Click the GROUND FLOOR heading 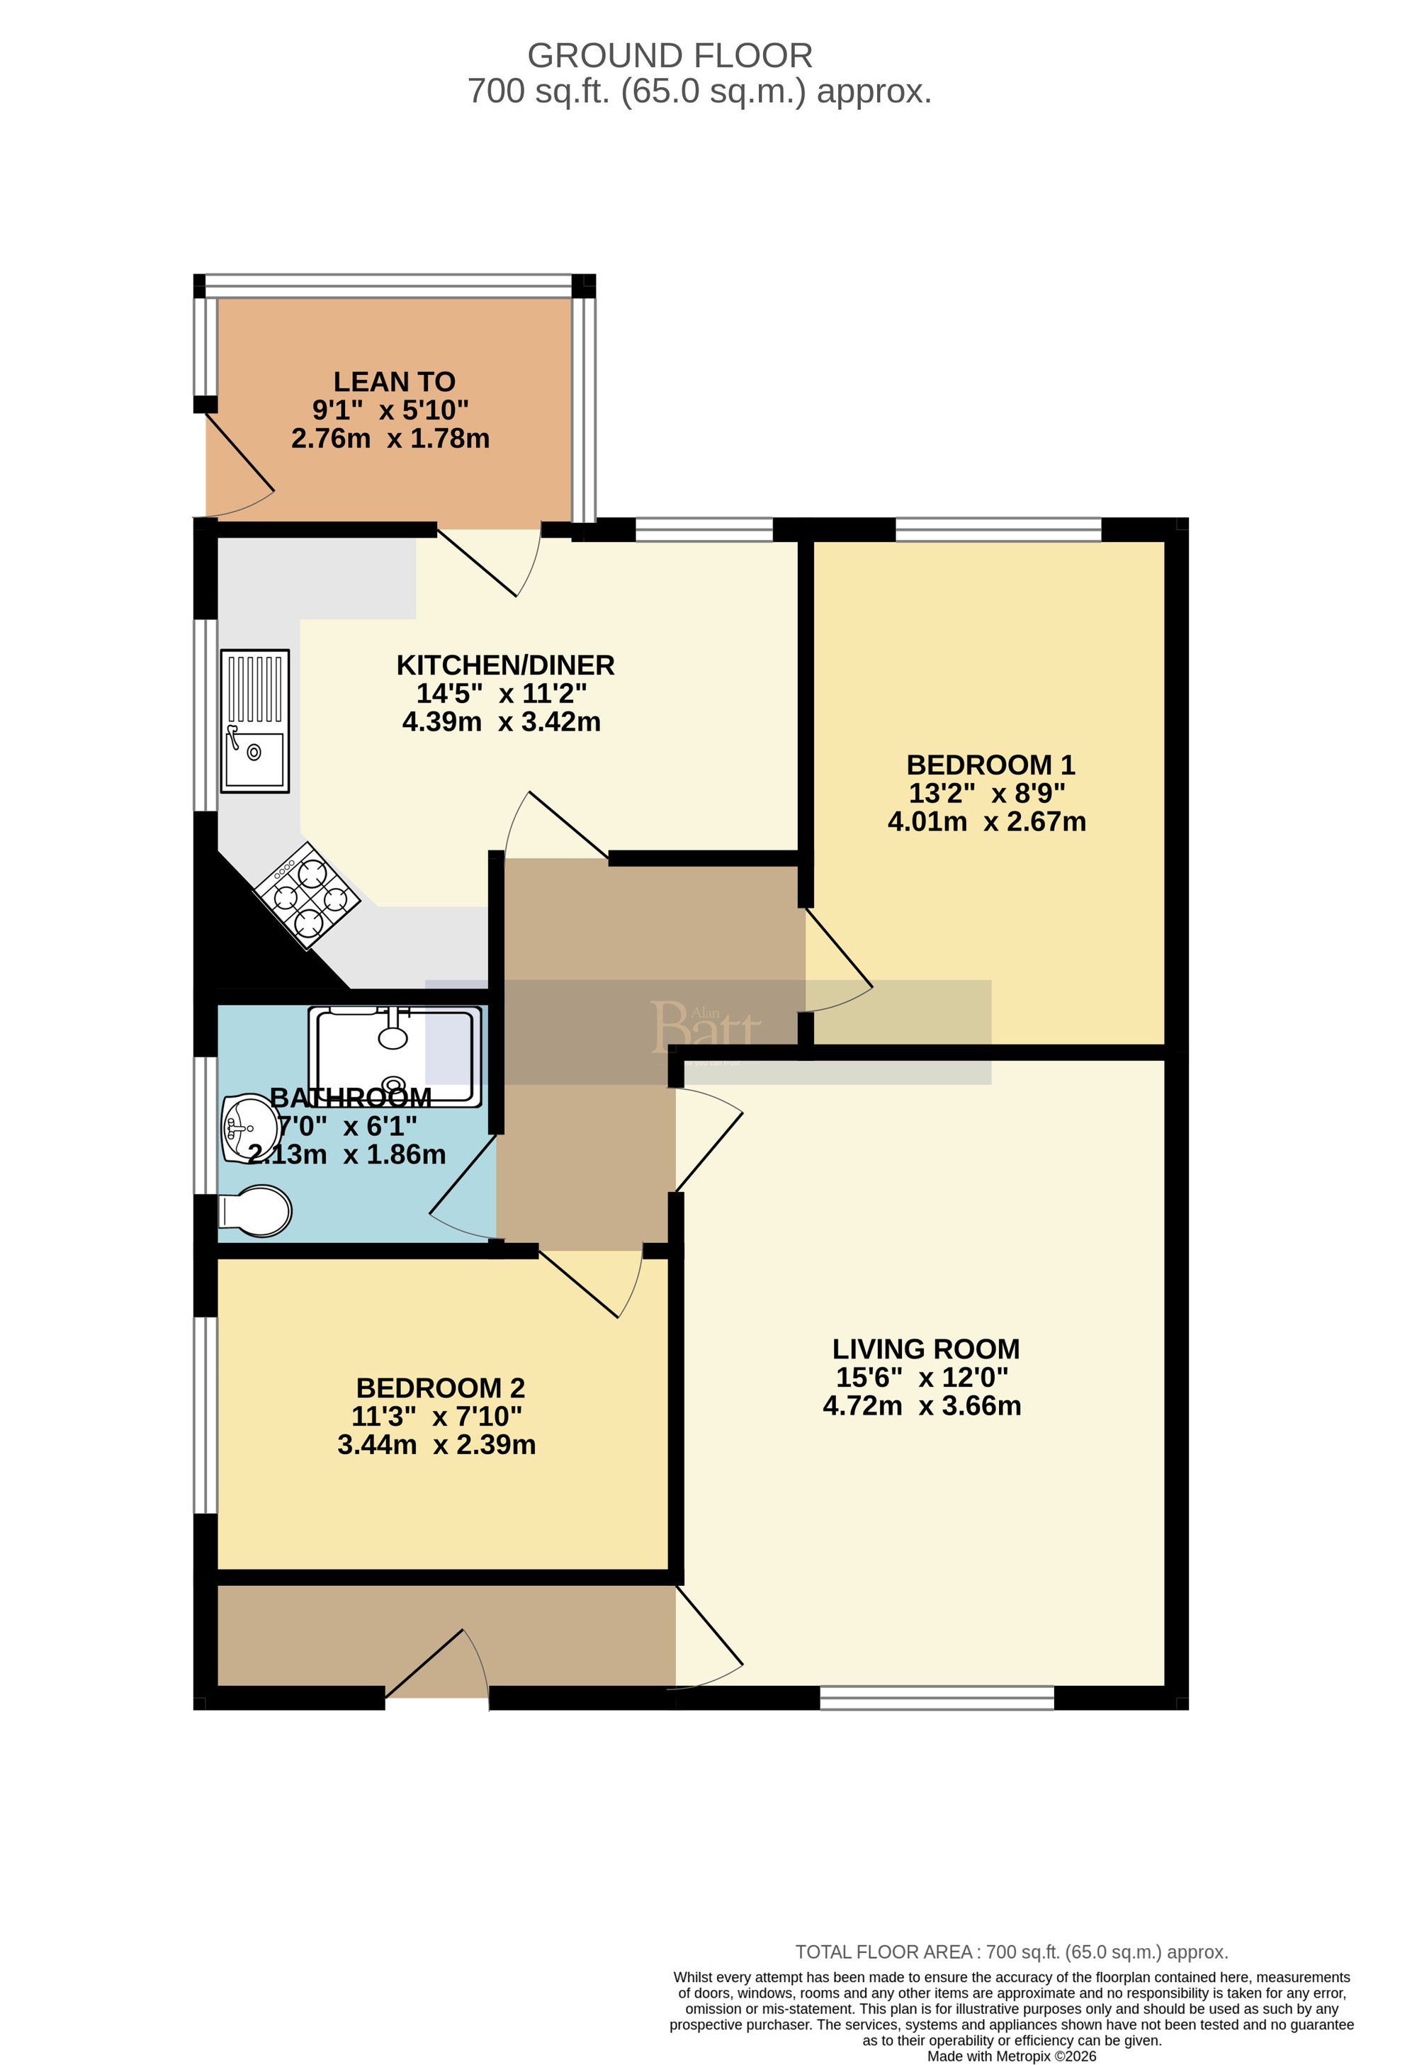670,56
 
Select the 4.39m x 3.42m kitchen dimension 501,721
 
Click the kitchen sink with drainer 255,721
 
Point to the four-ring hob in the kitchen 307,896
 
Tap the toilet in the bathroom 256,1210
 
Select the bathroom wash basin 248,1128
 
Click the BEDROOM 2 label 440,1388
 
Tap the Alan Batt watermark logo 706,1028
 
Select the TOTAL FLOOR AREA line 1011,1952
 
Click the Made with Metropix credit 1011,2056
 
